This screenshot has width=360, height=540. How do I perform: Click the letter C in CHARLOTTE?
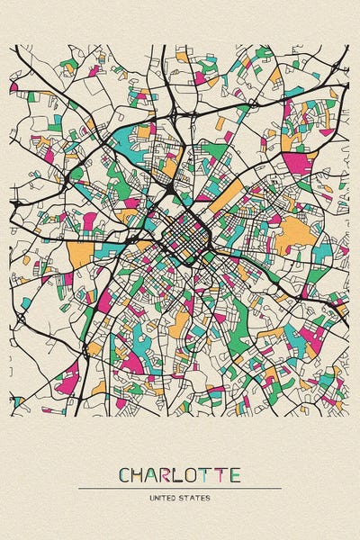[125, 474]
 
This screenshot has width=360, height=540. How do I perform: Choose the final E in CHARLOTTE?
[235, 474]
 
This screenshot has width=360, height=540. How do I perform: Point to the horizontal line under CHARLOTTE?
[180, 489]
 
